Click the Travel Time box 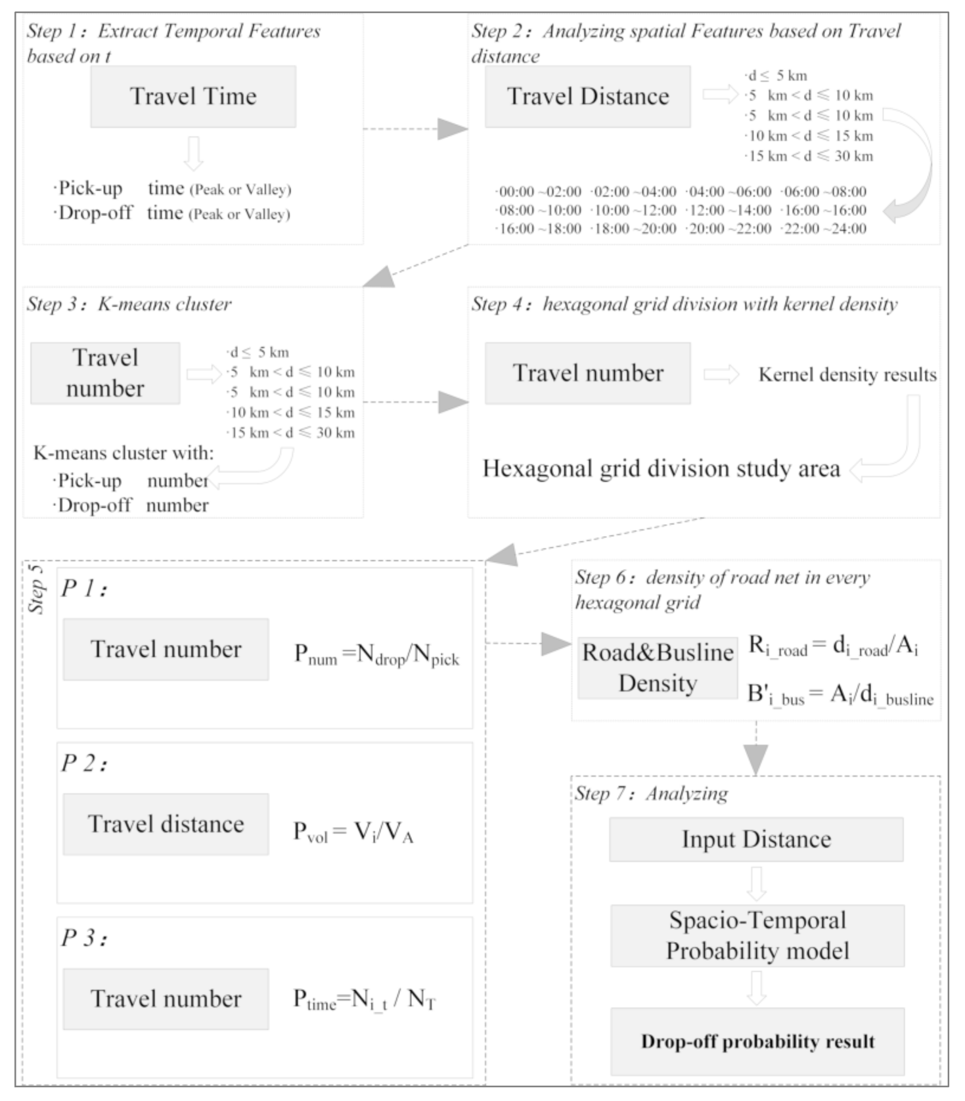pos(193,97)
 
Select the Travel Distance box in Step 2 pos(587,97)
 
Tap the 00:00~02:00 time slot pos(539,192)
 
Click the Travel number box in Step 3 pos(105,373)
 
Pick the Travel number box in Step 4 pos(587,373)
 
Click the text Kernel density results pos(847,374)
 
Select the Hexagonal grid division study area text pos(661,468)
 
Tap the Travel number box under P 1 pos(166,649)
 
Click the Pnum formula pos(376,655)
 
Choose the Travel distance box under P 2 pos(166,824)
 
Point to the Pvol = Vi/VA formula pos(353,832)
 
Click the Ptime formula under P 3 pos(364,1000)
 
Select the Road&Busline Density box pos(658,667)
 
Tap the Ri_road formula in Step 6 pos(833,647)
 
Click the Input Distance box pos(756,839)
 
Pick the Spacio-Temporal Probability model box pos(757,935)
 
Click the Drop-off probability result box pos(757,1041)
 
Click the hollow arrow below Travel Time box pos(193,154)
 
